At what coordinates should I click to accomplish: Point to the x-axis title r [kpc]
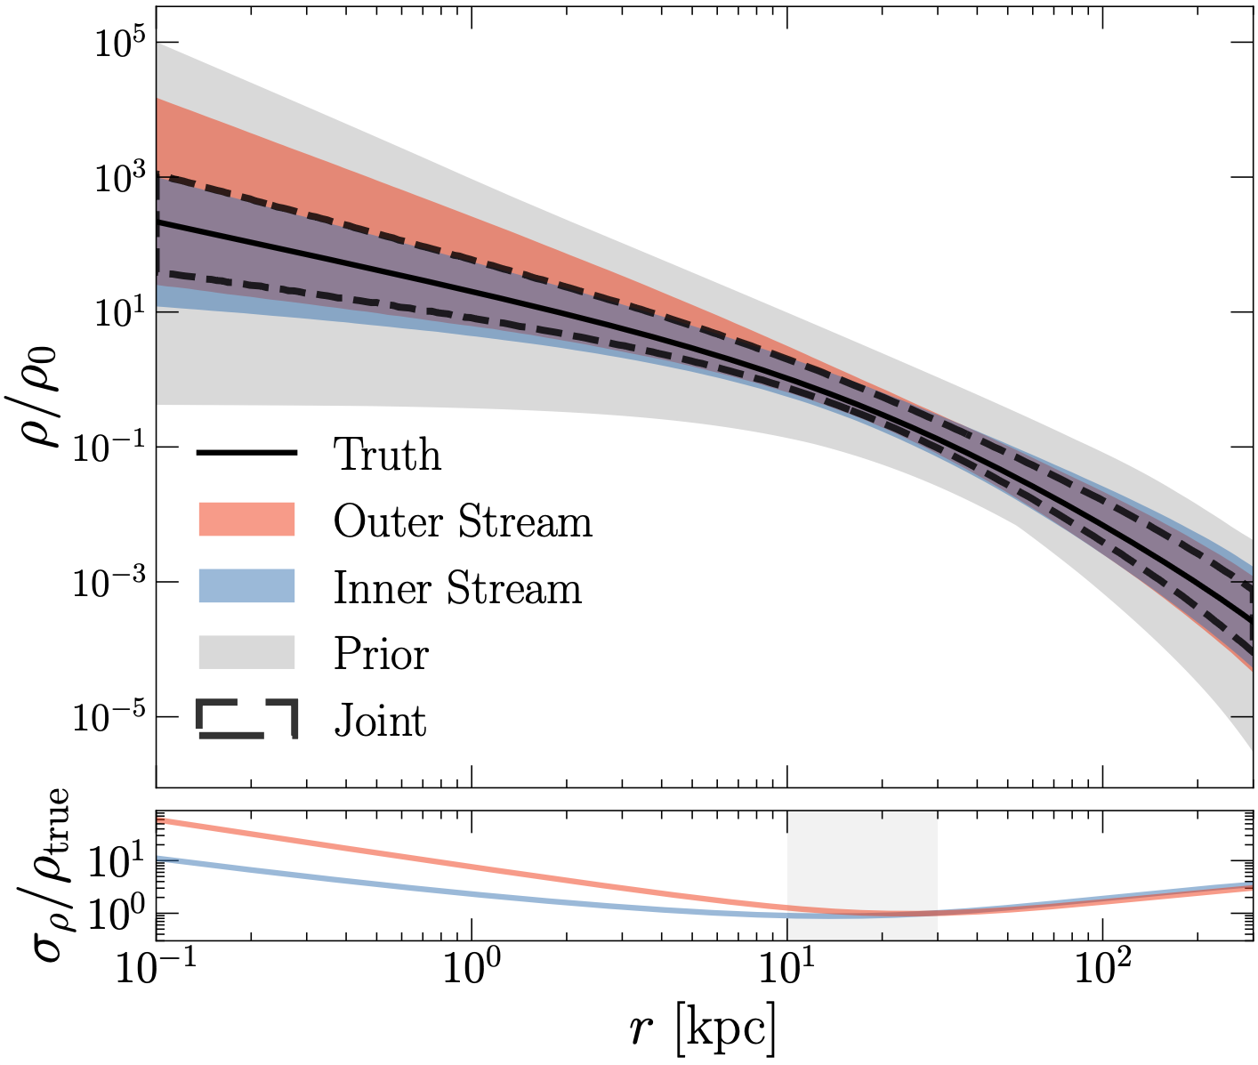(703, 1029)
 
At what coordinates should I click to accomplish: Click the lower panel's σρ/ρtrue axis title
(44, 875)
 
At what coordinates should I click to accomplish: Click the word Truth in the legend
(387, 455)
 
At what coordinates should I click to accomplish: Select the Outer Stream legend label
(463, 521)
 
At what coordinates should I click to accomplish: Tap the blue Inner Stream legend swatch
(246, 587)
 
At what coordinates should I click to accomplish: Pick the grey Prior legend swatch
(246, 653)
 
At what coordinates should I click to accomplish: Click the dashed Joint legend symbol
(246, 720)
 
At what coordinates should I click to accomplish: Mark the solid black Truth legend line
(246, 455)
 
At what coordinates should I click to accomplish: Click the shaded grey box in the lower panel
(861, 875)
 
